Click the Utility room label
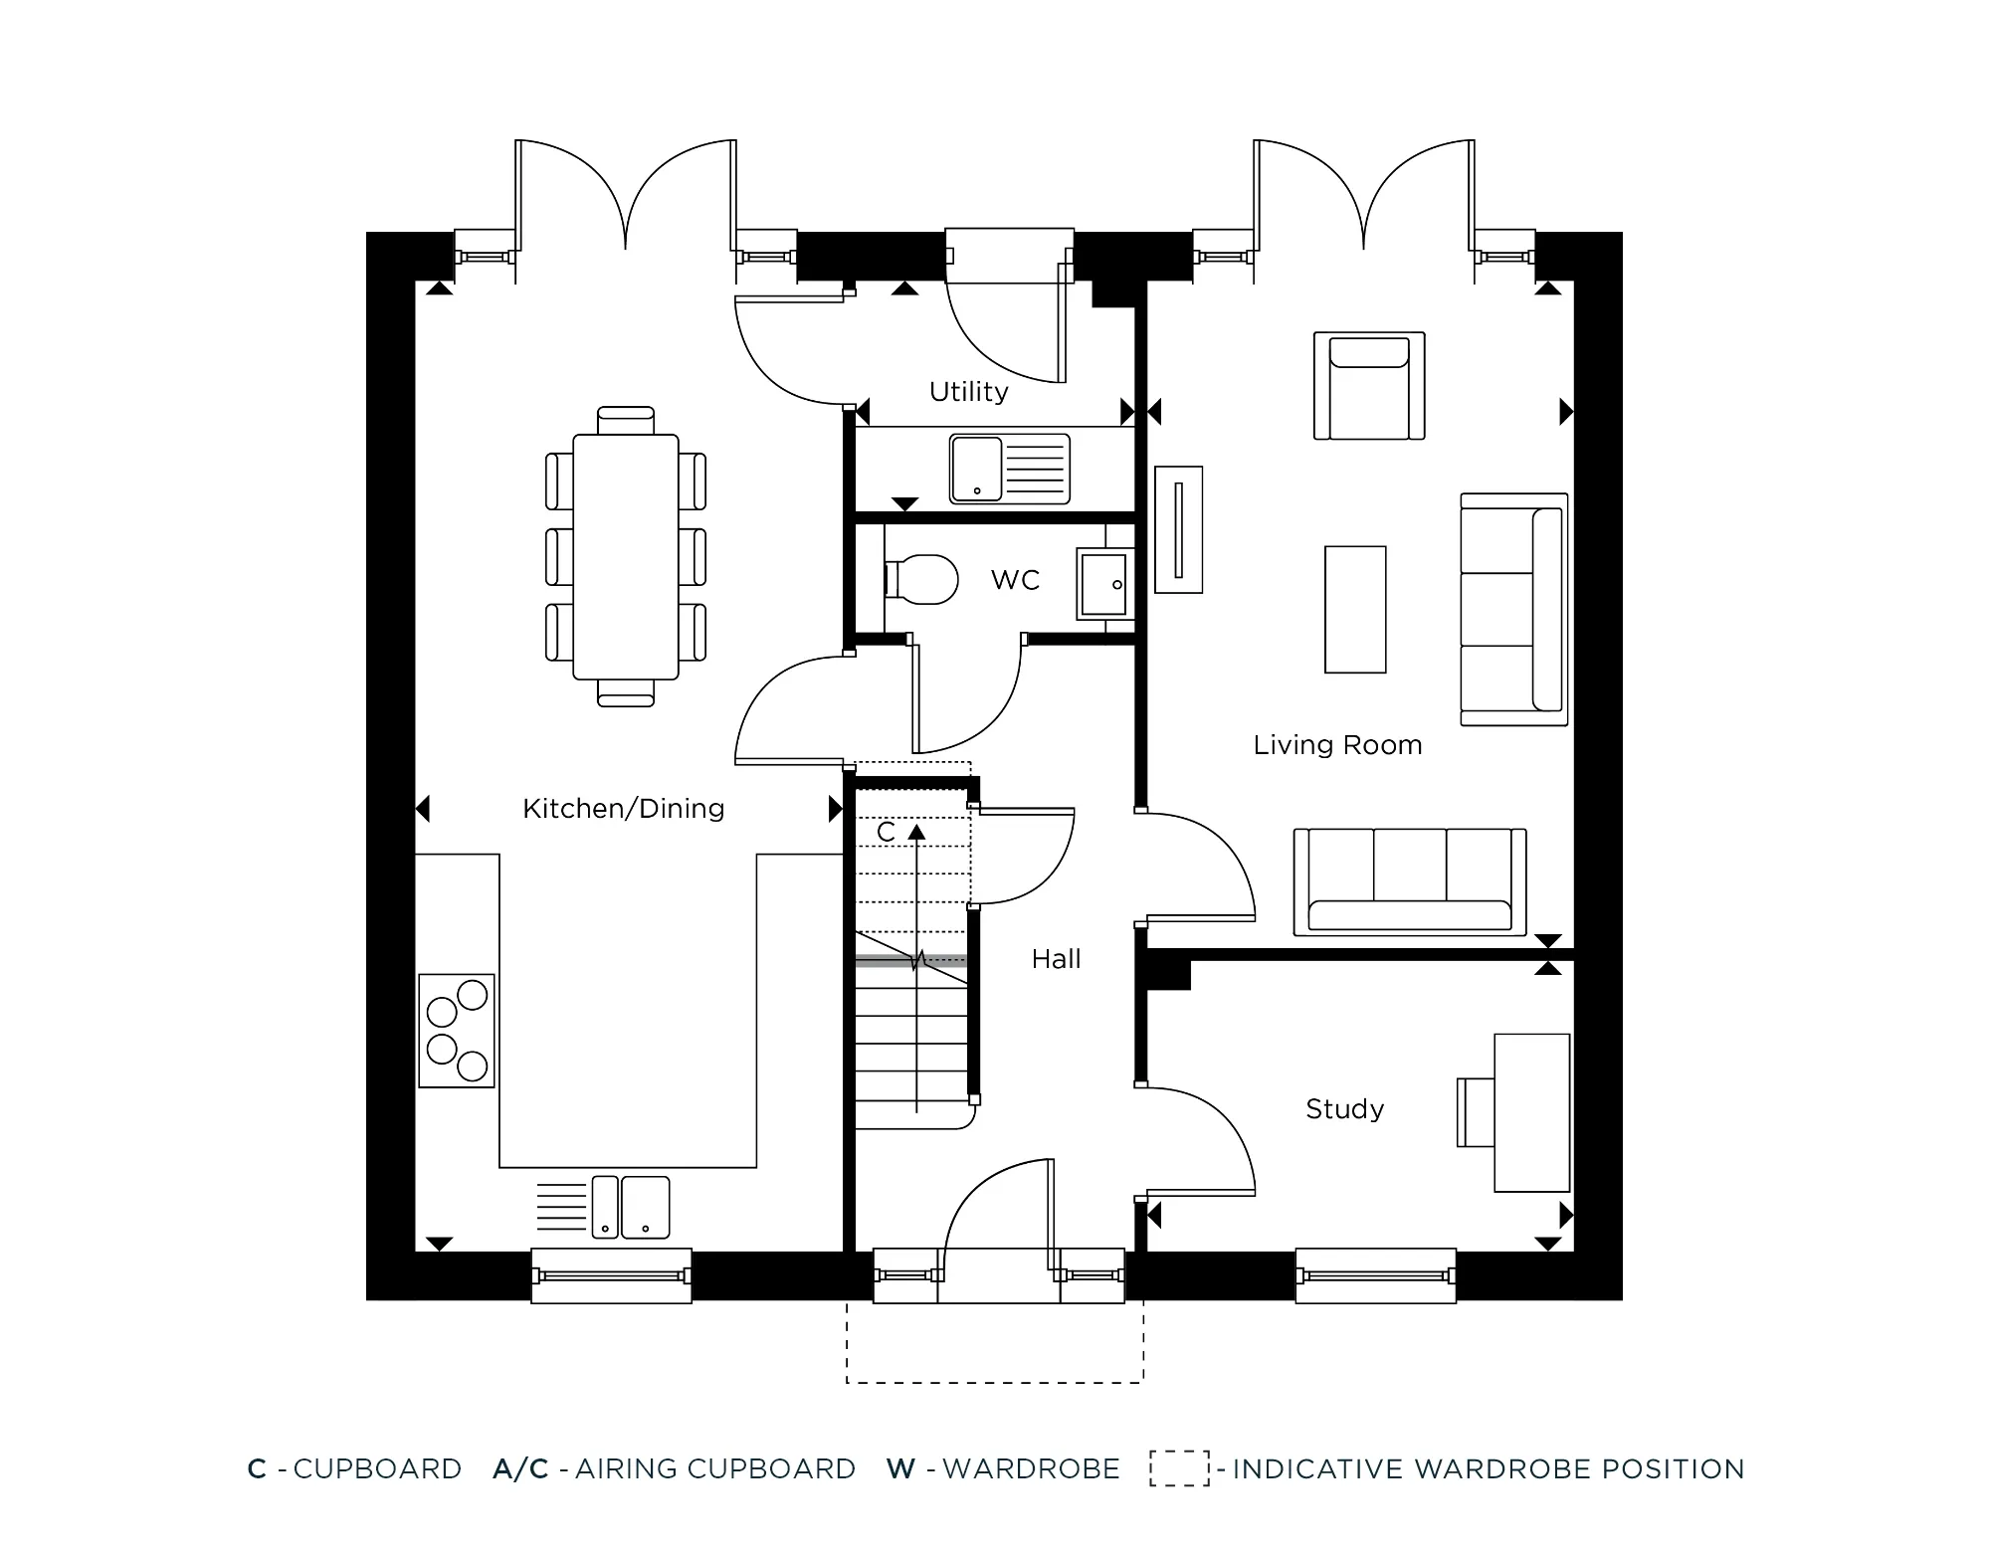click(x=968, y=392)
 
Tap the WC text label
click(x=1015, y=580)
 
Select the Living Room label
click(x=1337, y=745)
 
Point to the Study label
click(x=1344, y=1108)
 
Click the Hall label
click(x=1056, y=959)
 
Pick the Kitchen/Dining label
click(x=623, y=809)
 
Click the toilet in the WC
click(x=920, y=579)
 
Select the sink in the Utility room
click(x=1009, y=468)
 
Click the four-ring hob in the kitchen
click(x=457, y=1031)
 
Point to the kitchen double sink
click(x=630, y=1207)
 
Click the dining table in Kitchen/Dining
click(x=625, y=556)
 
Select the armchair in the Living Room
click(x=1369, y=386)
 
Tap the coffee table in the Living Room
click(x=1355, y=610)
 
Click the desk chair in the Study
click(x=1476, y=1111)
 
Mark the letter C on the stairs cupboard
click(x=886, y=832)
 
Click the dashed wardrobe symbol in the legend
click(x=1179, y=1468)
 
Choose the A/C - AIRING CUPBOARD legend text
click(x=674, y=1468)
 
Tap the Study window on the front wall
click(x=1375, y=1276)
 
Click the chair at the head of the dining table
click(x=626, y=420)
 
